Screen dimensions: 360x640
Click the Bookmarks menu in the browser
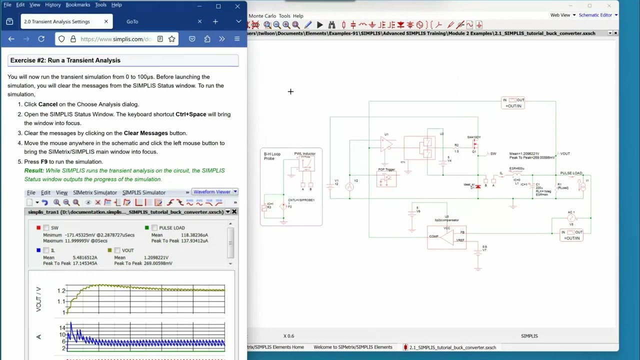[x=77, y=4]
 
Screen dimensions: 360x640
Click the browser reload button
[x=41, y=39]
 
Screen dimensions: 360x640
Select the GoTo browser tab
[x=132, y=21]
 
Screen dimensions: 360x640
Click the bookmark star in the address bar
[x=171, y=39]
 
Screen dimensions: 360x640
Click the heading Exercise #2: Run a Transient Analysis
[x=65, y=60]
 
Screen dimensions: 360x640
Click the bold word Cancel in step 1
[x=48, y=104]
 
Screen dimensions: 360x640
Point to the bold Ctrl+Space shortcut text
[x=190, y=114]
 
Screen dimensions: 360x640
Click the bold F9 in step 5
[x=44, y=162]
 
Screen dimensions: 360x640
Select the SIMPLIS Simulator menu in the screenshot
[x=143, y=192]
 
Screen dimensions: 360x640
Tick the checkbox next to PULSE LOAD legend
[x=154, y=228]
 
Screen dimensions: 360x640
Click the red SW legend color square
[x=38, y=228]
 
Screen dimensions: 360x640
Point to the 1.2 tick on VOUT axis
[x=61, y=290]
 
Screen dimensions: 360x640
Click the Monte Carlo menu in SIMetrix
[x=262, y=16]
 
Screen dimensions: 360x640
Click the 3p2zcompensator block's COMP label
[x=433, y=236]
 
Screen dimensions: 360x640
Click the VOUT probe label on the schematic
[x=564, y=154]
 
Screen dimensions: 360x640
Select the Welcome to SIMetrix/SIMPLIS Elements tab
[x=352, y=347]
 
